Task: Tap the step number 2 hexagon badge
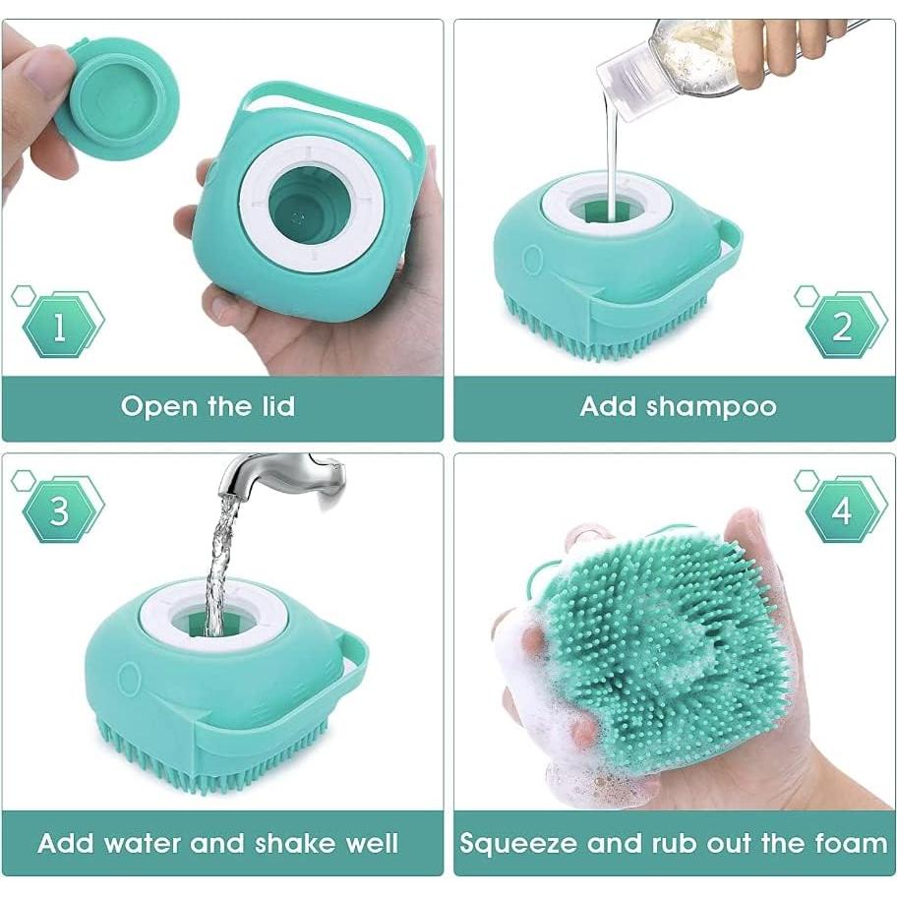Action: [842, 326]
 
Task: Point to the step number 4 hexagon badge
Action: [842, 510]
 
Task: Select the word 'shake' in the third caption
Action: [289, 843]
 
